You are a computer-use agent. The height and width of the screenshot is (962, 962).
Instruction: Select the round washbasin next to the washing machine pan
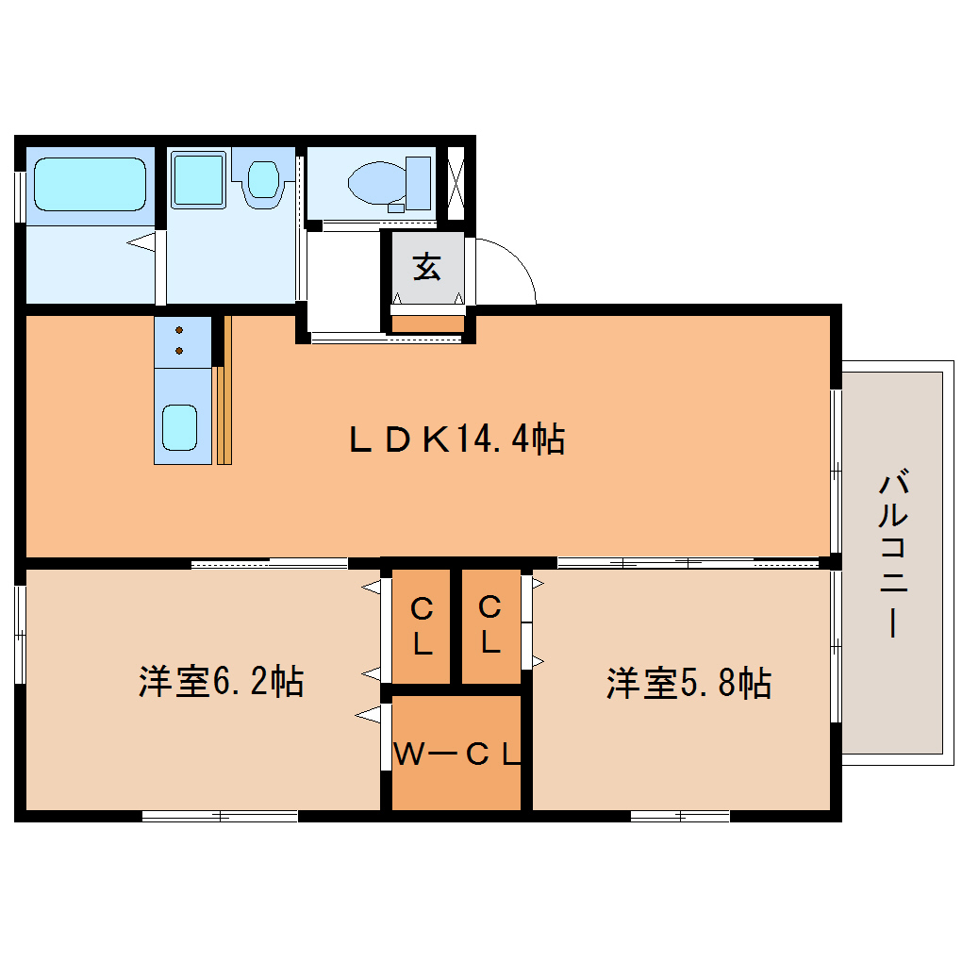pos(263,179)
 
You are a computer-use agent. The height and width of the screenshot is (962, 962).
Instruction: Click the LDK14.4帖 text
pos(456,440)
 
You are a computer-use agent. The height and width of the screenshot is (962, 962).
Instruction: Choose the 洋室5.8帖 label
pos(688,683)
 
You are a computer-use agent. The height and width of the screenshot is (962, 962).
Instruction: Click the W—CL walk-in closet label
pos(456,754)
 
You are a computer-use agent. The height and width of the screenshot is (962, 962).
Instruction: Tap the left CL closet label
pos(422,627)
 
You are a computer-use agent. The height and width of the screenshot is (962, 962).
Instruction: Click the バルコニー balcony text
pos(892,556)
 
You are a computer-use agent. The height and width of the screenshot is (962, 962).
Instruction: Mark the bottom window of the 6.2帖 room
pos(220,816)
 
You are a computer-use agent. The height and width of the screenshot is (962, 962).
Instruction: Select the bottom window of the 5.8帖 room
pos(679,816)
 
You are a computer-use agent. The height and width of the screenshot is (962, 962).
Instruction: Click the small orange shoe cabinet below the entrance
pos(428,324)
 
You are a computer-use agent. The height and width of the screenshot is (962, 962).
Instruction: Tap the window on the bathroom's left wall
pos(19,196)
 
